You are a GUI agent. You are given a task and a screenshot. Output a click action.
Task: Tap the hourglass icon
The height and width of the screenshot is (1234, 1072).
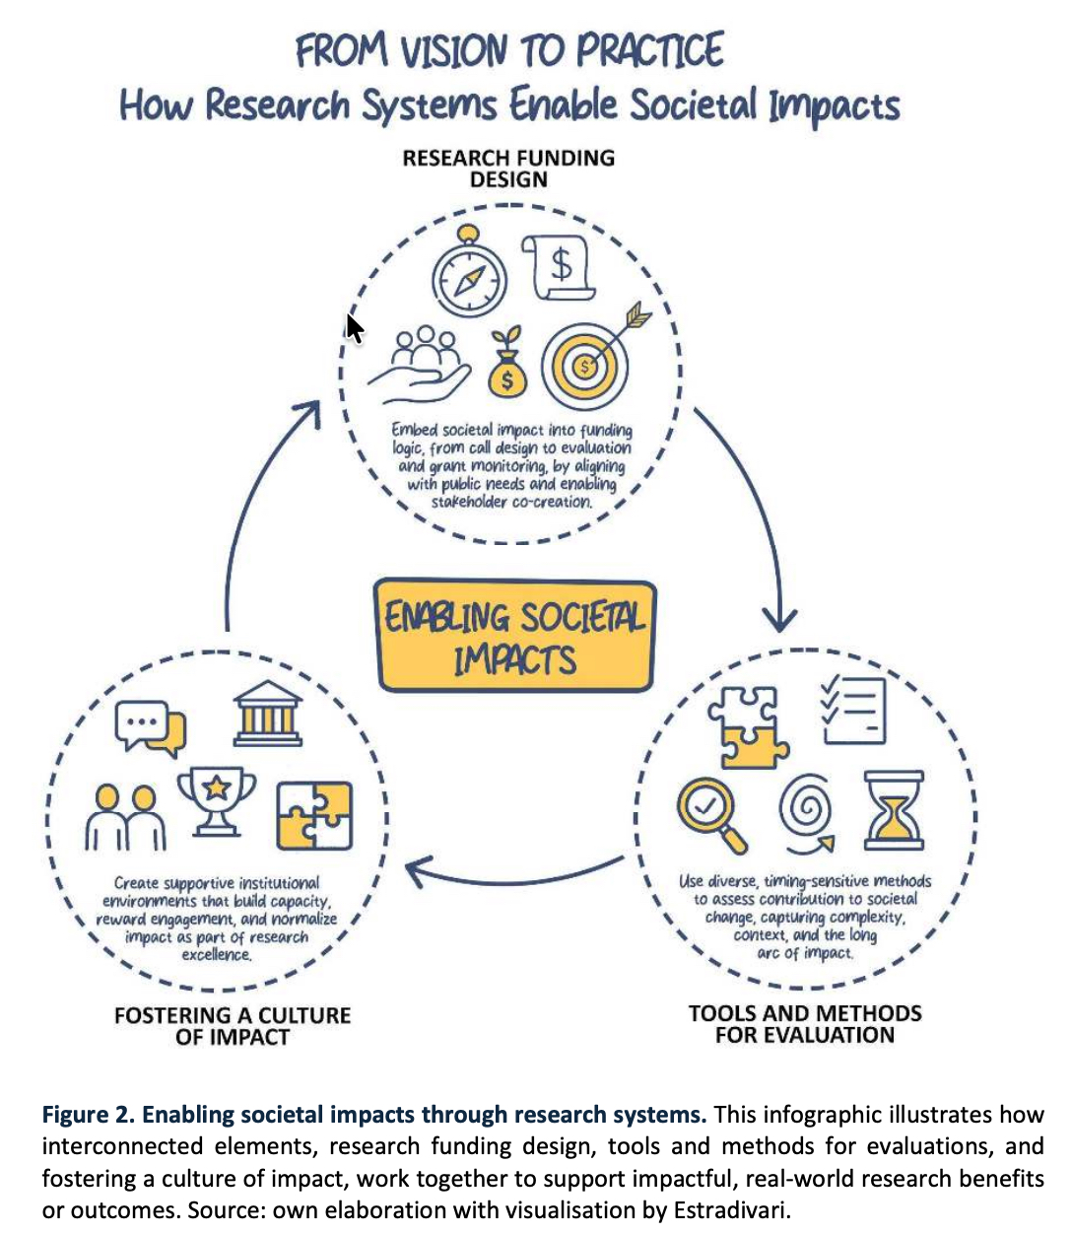click(894, 810)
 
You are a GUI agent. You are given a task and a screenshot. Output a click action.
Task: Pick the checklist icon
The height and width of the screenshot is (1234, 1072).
click(853, 708)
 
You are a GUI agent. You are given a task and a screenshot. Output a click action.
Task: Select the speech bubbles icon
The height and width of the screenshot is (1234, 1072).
click(150, 727)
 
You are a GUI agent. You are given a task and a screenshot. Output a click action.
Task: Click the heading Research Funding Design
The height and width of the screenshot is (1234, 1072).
click(508, 169)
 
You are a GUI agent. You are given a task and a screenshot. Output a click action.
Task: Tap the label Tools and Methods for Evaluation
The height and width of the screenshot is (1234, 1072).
click(805, 1024)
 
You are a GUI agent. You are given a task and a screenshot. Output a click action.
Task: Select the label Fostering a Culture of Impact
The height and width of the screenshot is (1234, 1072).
click(233, 1026)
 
